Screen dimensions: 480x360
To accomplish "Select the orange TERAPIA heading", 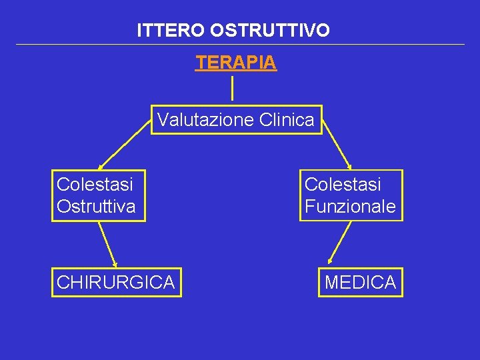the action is pos(236,63).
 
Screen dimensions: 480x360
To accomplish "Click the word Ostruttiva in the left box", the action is pos(96,207).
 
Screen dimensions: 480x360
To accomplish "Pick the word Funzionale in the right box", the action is pos(350,207).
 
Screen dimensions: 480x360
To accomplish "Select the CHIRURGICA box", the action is pos(116,283).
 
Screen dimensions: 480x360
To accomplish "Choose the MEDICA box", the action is pos(360,283).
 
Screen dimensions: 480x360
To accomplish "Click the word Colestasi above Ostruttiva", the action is pos(95,184).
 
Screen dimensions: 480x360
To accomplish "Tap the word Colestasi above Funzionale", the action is pos(343,184).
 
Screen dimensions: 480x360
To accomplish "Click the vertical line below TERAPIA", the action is pos(231,89).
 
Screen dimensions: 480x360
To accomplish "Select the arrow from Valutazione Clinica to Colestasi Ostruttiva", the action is pos(125,146).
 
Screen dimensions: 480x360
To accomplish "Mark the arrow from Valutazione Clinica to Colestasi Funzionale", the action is pos(337,146).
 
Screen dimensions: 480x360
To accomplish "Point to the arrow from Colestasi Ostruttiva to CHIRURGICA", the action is pos(107,244).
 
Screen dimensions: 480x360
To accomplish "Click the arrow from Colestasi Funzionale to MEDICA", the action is pos(341,242).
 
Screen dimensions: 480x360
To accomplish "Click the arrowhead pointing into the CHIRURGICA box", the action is pos(115,263).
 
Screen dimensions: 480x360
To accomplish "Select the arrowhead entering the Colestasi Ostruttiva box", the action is pos(101,166).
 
